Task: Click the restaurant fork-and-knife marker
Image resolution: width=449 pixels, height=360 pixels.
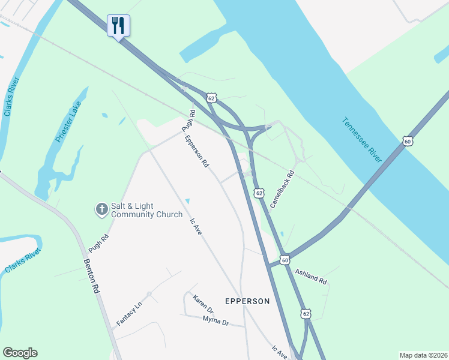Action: point(118,25)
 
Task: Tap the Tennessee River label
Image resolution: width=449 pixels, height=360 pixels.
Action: point(362,139)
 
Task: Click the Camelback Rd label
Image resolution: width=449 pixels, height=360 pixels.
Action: point(282,190)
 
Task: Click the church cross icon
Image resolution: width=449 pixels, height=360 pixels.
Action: point(101,209)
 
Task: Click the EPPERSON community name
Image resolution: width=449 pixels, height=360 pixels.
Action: point(247,301)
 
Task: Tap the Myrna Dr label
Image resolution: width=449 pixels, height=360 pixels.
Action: point(215,321)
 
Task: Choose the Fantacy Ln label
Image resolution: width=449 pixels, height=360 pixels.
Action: point(128,314)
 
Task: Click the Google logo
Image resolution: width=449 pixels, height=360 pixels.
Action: point(20,353)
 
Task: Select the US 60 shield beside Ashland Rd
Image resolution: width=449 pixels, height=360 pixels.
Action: point(285,259)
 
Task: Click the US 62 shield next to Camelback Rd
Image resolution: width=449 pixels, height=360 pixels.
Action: point(259,193)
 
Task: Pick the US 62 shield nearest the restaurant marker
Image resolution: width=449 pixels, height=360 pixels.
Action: point(210,97)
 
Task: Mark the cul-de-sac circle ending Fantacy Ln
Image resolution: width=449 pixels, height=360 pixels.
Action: point(149,293)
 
